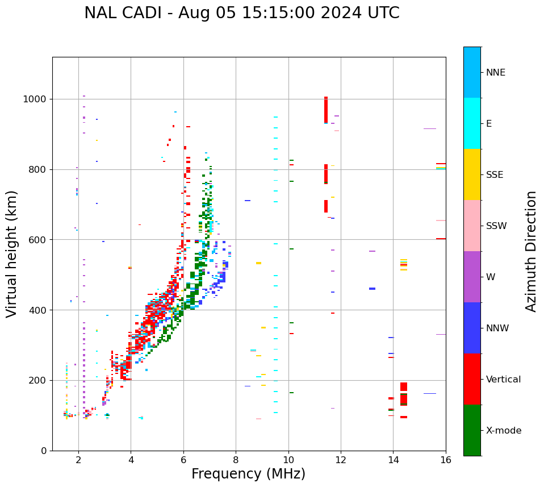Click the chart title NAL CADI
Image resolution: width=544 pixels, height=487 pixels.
click(241, 13)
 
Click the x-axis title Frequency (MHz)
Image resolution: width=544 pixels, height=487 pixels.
click(248, 474)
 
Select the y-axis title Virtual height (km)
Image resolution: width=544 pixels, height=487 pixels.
click(12, 253)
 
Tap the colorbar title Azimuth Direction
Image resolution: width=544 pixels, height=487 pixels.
click(531, 251)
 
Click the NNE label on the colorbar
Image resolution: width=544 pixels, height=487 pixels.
click(495, 73)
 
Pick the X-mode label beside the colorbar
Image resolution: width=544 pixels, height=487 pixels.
click(503, 431)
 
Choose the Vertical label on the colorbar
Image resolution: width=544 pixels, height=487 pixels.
click(503, 380)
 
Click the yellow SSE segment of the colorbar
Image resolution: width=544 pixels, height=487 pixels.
click(472, 174)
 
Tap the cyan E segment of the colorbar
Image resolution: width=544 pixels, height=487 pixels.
click(472, 123)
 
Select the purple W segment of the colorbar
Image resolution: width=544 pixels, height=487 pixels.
click(472, 277)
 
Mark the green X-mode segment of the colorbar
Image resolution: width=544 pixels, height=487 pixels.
click(472, 430)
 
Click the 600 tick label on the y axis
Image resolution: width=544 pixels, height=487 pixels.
click(39, 240)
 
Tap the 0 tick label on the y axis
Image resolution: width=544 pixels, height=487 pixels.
click(44, 451)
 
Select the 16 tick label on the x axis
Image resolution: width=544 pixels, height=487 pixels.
click(446, 460)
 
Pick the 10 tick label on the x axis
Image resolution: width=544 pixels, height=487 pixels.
click(288, 460)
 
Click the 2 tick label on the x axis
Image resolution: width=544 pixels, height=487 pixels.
click(78, 460)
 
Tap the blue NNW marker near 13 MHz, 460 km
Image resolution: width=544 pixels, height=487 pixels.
click(372, 289)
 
